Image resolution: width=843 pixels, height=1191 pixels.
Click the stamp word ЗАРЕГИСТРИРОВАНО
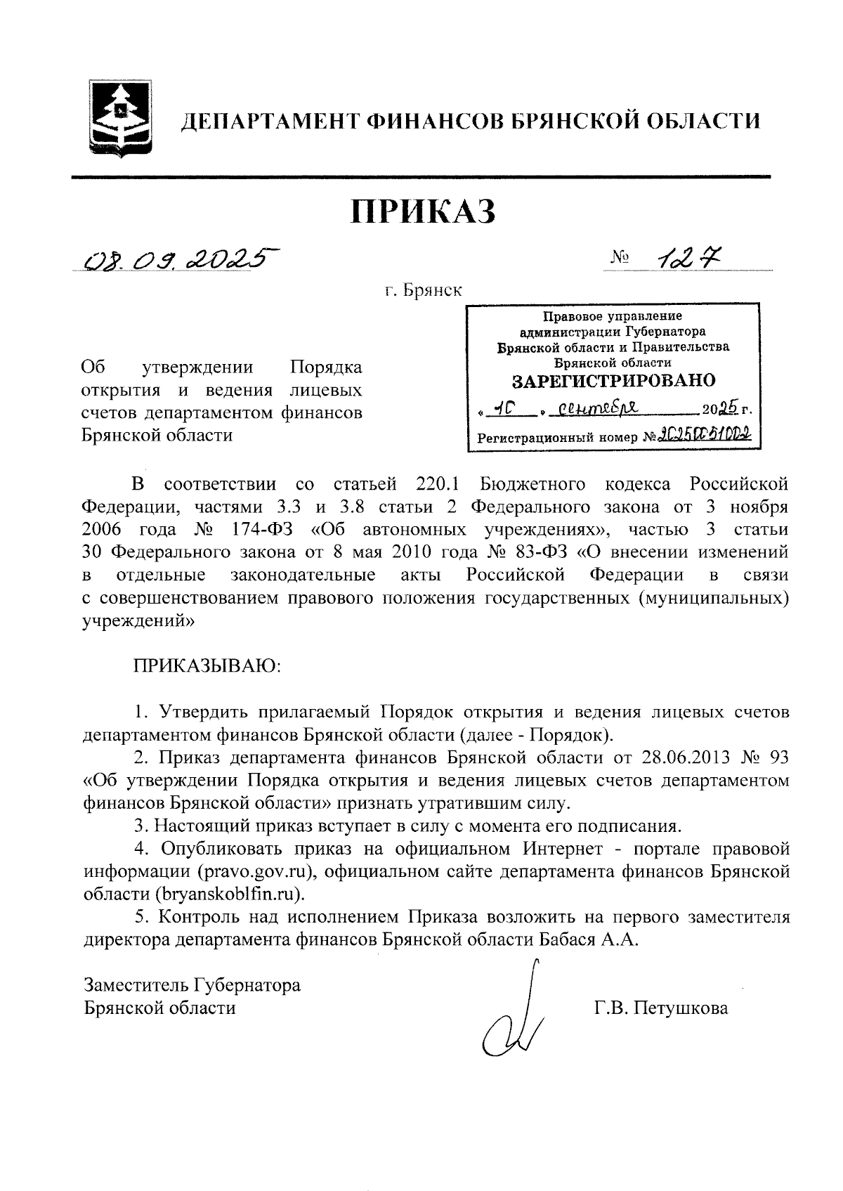613,381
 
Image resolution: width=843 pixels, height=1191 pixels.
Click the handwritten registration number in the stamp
703,435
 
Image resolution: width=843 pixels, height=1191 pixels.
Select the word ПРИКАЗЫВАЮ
207,665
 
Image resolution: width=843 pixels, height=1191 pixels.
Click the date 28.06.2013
681,757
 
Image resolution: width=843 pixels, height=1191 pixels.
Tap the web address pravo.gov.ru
241,872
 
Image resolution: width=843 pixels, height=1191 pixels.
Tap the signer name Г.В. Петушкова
661,1008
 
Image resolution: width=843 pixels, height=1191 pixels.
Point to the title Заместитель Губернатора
192,985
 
